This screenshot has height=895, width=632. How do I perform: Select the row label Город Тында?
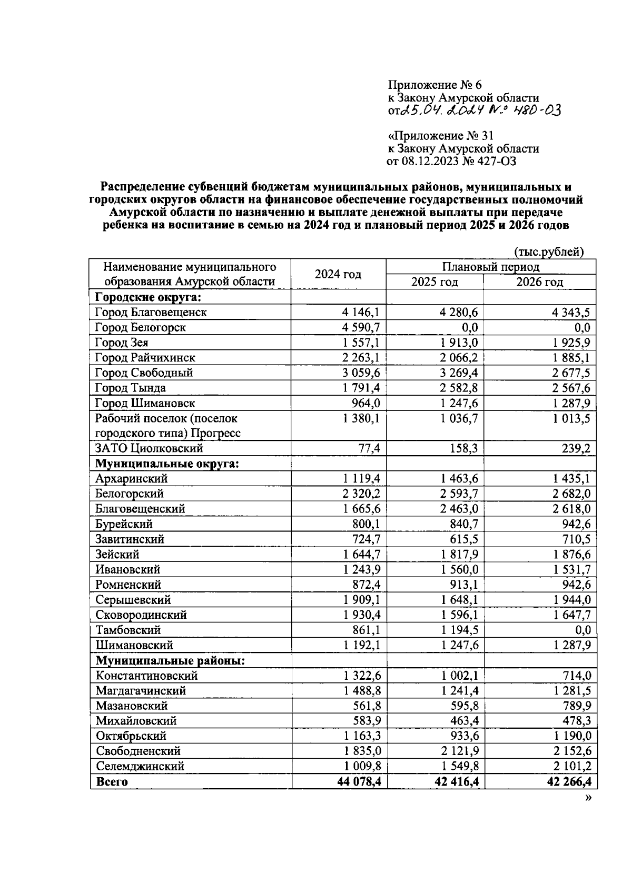click(x=130, y=388)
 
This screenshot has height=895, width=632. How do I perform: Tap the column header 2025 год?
click(x=434, y=282)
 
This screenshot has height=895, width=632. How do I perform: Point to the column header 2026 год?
click(x=539, y=282)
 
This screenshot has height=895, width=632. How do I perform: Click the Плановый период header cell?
click(x=490, y=267)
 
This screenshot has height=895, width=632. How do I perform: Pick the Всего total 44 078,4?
click(x=359, y=782)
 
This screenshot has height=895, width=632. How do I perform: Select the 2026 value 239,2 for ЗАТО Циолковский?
click(x=575, y=449)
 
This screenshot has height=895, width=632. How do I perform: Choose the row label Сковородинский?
click(x=141, y=615)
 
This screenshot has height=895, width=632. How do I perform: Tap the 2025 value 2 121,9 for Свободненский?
click(x=459, y=751)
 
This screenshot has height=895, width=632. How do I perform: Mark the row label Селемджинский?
click(x=140, y=767)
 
